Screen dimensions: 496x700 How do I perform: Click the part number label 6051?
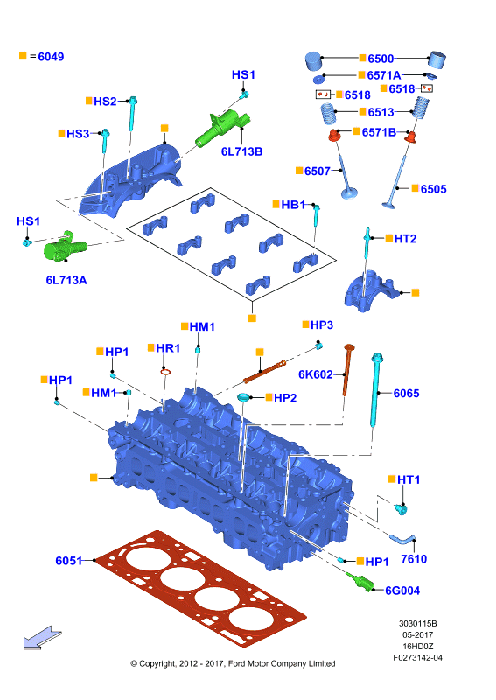[69, 560]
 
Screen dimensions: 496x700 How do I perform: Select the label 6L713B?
[241, 151]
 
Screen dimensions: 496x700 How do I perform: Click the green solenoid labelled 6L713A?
[63, 247]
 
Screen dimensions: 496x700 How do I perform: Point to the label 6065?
[406, 393]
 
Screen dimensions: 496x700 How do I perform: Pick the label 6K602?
[315, 374]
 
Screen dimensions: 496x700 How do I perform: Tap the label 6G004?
[402, 591]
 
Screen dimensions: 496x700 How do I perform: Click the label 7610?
[414, 559]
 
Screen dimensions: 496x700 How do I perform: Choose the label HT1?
[409, 479]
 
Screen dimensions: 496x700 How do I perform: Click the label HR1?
[168, 347]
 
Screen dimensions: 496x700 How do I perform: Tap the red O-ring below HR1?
[165, 371]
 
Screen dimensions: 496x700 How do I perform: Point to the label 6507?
[317, 171]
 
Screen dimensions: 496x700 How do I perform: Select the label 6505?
[433, 189]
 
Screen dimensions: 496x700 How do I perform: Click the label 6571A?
[383, 75]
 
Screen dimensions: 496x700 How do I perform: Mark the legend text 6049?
[51, 57]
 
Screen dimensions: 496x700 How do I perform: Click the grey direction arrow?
[42, 637]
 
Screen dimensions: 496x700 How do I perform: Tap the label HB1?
[293, 205]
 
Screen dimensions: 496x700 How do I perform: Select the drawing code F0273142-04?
[417, 658]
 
